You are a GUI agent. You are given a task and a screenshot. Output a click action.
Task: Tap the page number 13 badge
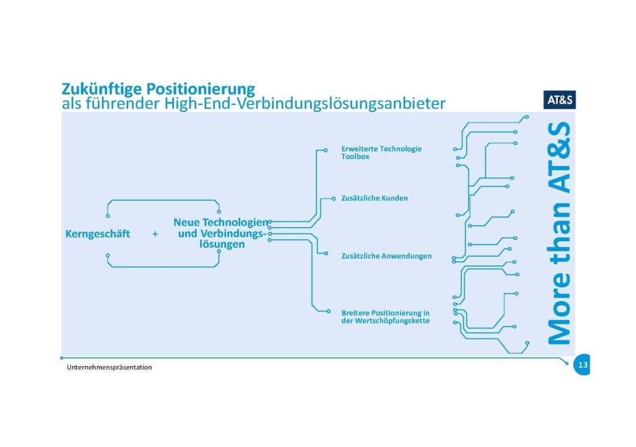coord(582,365)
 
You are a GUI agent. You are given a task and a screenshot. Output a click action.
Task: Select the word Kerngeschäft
coord(98,234)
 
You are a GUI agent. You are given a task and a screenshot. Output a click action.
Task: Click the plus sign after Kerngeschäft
coord(155,234)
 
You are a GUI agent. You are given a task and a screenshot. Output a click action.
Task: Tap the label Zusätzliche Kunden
coord(375,198)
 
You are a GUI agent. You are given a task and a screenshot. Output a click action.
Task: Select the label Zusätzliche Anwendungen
coord(386,256)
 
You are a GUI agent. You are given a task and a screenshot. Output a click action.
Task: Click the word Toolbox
coord(355,157)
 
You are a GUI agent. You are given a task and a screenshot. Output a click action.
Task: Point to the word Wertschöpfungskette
coord(389,321)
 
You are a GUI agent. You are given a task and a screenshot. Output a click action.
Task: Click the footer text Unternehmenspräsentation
coord(110,367)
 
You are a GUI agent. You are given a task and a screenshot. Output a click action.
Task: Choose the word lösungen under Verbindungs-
coord(217,245)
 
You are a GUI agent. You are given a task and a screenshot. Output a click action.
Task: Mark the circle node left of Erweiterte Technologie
coord(326,150)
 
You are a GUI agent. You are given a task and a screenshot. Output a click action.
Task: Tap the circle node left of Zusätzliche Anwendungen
coord(327,253)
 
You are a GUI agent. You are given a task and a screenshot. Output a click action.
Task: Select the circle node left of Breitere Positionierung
coord(327,311)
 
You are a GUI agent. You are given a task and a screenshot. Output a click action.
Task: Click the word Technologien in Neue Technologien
coord(237,222)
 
